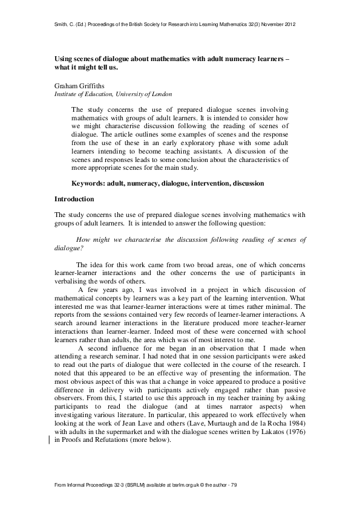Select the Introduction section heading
74,199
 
